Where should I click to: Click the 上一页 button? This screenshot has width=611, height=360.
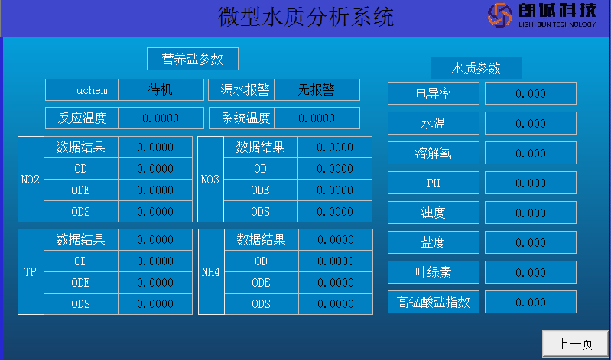(575, 344)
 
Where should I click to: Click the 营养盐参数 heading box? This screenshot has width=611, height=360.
(193, 59)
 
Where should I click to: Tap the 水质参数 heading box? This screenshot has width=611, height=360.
(476, 68)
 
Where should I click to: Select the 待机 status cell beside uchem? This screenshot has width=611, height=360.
(161, 90)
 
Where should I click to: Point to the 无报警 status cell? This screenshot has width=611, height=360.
(317, 90)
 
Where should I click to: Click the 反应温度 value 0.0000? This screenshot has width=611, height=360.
(161, 118)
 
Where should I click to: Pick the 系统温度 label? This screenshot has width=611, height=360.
(242, 118)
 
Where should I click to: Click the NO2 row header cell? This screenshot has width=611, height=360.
(31, 179)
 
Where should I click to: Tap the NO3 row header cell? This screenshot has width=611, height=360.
(210, 179)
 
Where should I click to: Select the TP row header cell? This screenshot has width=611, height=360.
(31, 271)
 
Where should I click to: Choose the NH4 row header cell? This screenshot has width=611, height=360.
(211, 271)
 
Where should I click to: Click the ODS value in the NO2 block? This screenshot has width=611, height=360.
(155, 211)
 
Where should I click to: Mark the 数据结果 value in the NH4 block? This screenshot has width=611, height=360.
(336, 239)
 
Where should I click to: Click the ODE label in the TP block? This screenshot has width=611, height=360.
(80, 283)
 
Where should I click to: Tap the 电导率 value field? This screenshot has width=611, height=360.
(531, 93)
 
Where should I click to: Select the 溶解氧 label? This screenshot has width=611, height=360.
(434, 153)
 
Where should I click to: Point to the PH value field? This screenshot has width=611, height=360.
(531, 183)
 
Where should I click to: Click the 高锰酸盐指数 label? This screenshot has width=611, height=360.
(434, 302)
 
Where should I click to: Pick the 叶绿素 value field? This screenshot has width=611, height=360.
(531, 272)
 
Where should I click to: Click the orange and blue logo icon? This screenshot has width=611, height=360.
(500, 15)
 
